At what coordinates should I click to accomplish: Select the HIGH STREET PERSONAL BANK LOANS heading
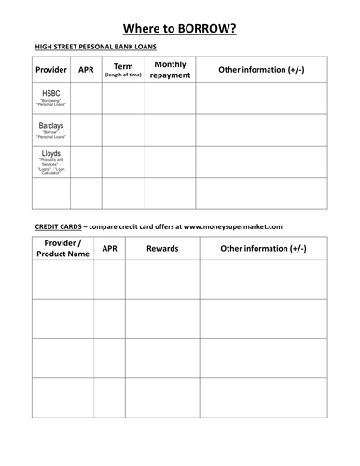(95, 47)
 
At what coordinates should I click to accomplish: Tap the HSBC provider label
(52, 95)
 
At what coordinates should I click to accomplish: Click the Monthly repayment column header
(170, 69)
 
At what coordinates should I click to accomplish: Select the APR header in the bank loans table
(87, 70)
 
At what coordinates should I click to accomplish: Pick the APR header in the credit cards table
(109, 249)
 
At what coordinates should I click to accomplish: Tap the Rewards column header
(162, 249)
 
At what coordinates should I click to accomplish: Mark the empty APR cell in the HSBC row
(87, 98)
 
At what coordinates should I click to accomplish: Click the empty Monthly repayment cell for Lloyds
(170, 161)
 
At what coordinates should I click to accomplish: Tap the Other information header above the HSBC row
(261, 70)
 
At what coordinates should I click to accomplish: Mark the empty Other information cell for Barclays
(261, 130)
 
